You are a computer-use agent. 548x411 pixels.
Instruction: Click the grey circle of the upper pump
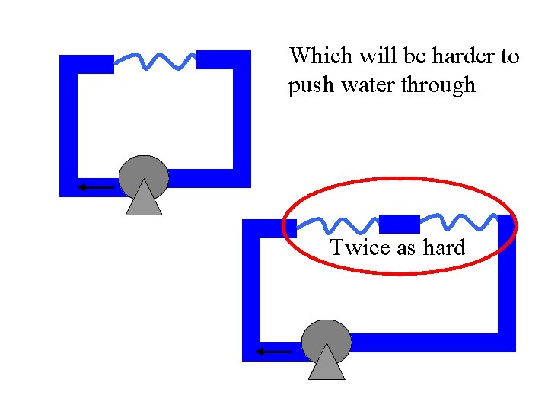click(x=144, y=173)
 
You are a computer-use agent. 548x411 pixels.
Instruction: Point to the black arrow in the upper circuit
click(x=94, y=186)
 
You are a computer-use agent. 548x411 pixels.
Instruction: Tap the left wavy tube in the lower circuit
click(x=339, y=224)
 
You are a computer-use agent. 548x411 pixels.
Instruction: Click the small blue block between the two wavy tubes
click(x=399, y=224)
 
